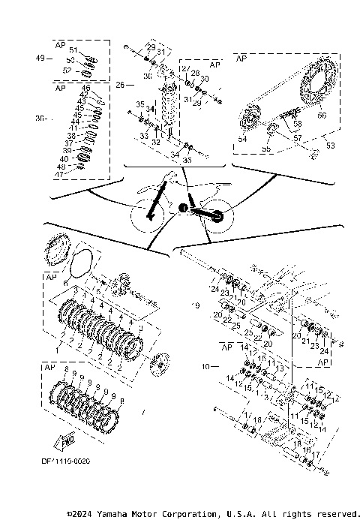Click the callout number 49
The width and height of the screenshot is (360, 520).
pos(40,58)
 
